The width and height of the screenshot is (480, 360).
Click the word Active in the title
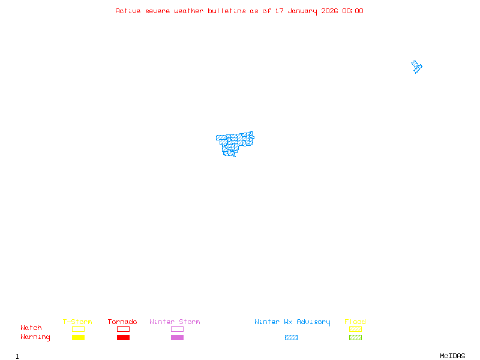tap(128, 11)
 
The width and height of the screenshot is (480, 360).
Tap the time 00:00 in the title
tap(352, 11)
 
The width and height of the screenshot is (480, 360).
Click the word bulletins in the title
tap(227, 11)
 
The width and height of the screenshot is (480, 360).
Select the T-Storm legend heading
tap(77, 322)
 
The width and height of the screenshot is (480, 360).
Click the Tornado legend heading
tap(122, 322)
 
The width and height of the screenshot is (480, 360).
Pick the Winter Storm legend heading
tap(175, 322)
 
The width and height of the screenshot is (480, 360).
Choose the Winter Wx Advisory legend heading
tap(292, 322)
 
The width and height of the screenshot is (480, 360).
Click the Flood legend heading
tap(355, 322)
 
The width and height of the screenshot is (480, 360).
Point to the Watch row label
tap(31, 328)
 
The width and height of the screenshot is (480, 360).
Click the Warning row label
tap(35, 337)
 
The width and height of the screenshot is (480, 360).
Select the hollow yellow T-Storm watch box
tap(78, 329)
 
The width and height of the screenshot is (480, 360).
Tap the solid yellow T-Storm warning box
tap(78, 337)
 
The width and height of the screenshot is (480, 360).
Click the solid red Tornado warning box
tap(123, 337)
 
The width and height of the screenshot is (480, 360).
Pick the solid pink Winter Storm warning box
tap(177, 337)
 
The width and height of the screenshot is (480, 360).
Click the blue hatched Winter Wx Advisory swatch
tap(291, 337)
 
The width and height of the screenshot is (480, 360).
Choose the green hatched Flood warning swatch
tap(355, 337)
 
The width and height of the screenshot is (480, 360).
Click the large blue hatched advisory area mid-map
tap(233, 143)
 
